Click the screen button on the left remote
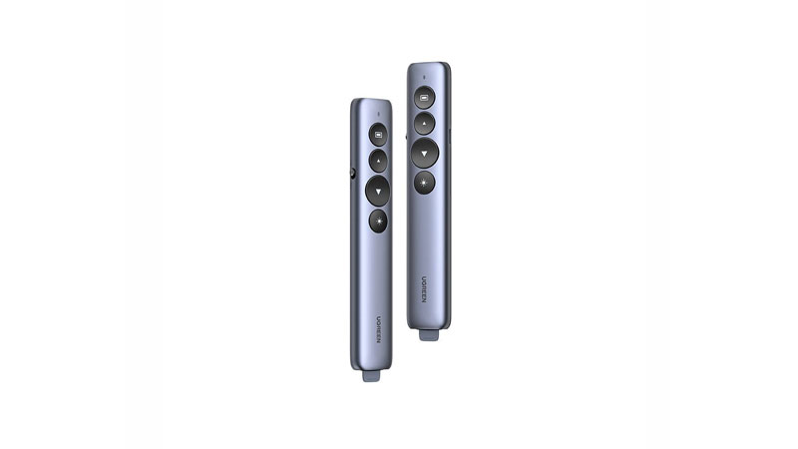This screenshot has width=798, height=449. point(378,135)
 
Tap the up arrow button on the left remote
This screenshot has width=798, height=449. point(378,161)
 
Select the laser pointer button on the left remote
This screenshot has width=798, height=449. point(378,221)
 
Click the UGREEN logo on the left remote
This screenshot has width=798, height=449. point(379,329)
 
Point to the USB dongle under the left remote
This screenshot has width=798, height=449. point(371,376)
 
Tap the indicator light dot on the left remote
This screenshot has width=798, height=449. point(378,114)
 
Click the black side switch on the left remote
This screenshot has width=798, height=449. point(353,174)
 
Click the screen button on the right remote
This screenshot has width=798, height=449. point(425,97)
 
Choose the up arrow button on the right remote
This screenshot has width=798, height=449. point(425,124)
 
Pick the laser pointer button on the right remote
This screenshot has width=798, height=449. point(425,183)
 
